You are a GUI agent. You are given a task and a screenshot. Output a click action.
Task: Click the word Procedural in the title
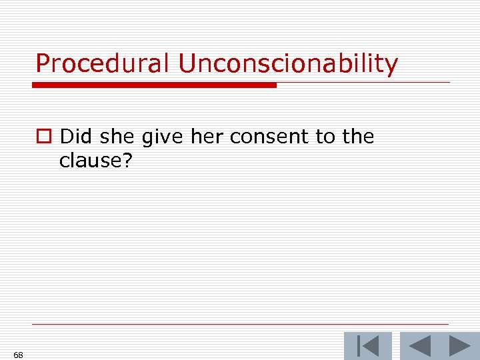(x=103, y=64)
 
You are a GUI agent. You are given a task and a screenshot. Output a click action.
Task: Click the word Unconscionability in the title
(x=287, y=64)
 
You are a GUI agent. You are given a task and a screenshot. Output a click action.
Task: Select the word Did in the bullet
(x=75, y=137)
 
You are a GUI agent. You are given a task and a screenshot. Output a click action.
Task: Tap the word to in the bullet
(x=325, y=137)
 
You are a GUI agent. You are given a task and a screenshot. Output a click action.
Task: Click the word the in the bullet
(x=358, y=137)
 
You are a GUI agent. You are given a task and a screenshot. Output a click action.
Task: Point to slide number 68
(x=18, y=355)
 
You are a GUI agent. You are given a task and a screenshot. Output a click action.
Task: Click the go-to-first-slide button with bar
(x=368, y=346)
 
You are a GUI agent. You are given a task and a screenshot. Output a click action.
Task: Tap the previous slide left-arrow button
(x=419, y=346)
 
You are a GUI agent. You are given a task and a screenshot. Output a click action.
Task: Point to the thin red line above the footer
(x=240, y=325)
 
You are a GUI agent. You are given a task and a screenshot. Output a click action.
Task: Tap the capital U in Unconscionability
(x=189, y=64)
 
